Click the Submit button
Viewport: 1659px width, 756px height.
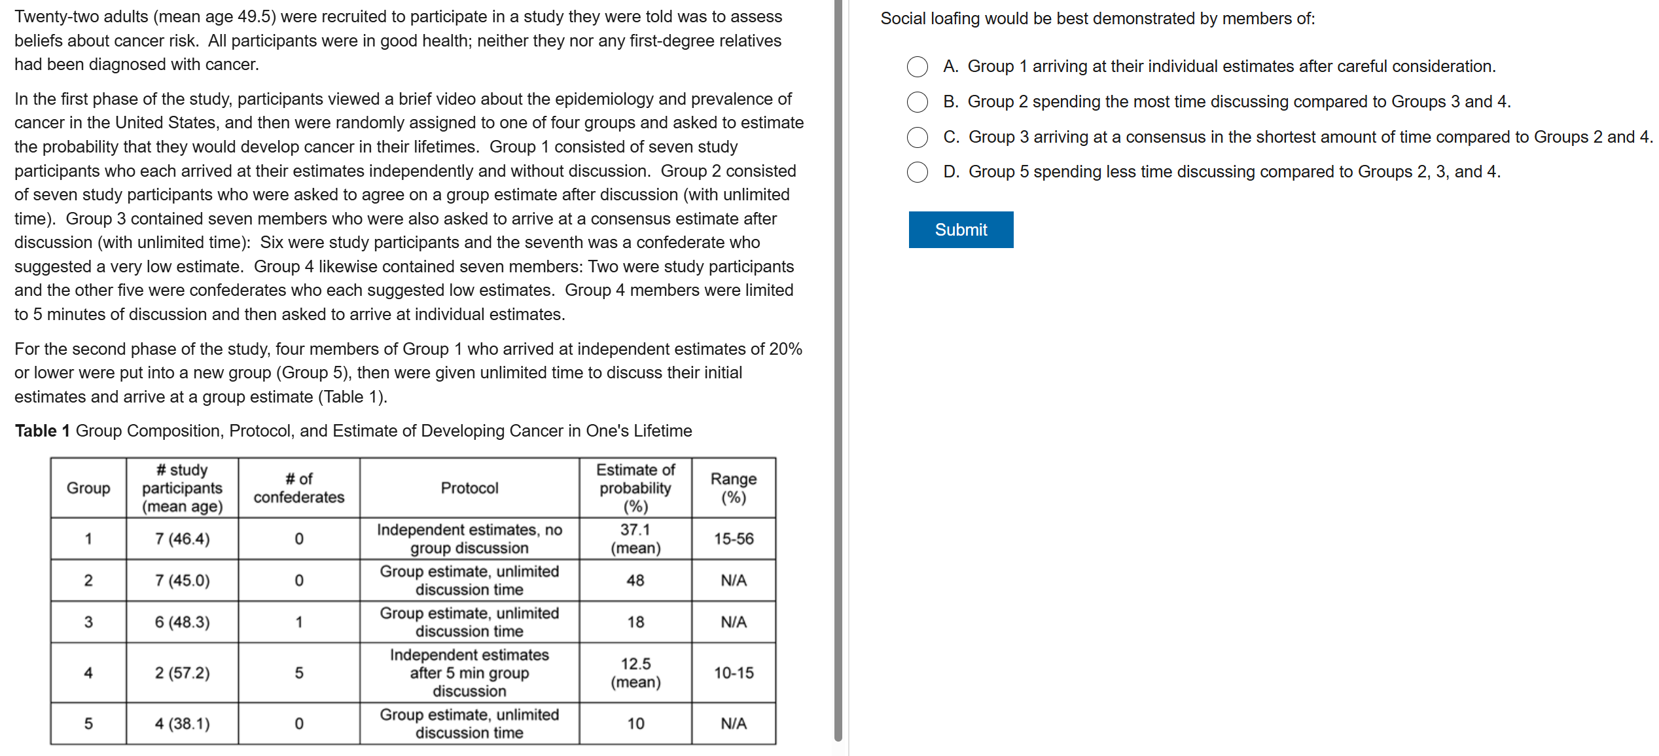pyautogui.click(x=960, y=230)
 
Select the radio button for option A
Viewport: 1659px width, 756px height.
pyautogui.click(x=917, y=67)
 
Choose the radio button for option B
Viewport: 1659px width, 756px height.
pyautogui.click(x=917, y=102)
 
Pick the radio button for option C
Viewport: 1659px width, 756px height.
pyautogui.click(x=917, y=137)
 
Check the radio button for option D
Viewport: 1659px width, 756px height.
pyautogui.click(x=917, y=172)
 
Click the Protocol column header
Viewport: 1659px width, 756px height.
pyautogui.click(x=469, y=488)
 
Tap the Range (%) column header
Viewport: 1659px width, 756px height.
pyautogui.click(x=733, y=488)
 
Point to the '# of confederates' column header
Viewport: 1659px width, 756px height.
pyautogui.click(x=298, y=488)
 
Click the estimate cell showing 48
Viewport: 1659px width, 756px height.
pyautogui.click(x=635, y=581)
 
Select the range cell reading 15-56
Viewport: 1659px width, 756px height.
pyautogui.click(x=733, y=539)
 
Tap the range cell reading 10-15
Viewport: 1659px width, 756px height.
pyautogui.click(x=733, y=673)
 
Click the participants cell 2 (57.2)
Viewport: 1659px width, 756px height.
pyautogui.click(x=182, y=673)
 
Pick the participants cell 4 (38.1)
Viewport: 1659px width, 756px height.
pyautogui.click(x=182, y=724)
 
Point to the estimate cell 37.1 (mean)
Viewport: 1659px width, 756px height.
pyautogui.click(x=635, y=539)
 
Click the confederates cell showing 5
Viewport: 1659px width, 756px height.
pyautogui.click(x=298, y=673)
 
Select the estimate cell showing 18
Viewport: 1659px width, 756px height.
pyautogui.click(x=635, y=622)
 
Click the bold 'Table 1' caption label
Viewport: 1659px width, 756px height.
pyautogui.click(x=42, y=431)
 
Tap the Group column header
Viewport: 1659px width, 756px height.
pyautogui.click(x=88, y=488)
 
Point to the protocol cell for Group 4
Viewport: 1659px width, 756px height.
pyautogui.click(x=469, y=673)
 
